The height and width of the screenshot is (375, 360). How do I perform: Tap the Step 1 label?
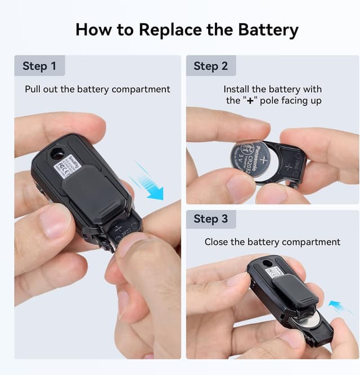pos(39,66)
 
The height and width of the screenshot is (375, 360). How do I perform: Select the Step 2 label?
pos(211,66)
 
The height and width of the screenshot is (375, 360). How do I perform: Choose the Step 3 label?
pos(211,218)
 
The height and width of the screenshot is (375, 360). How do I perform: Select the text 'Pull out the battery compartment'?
pos(97,89)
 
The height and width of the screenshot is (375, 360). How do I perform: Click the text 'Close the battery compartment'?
pos(272,242)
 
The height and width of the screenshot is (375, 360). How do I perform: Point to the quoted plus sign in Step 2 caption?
pos(250,101)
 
